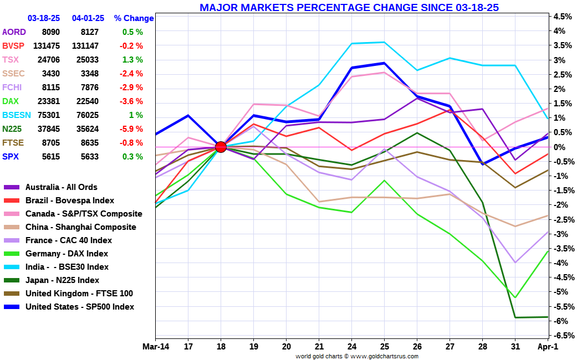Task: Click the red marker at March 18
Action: pos(221,147)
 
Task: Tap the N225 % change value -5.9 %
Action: pos(132,129)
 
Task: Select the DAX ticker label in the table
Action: pos(11,101)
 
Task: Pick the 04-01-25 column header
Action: pos(88,18)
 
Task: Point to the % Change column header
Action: pos(134,18)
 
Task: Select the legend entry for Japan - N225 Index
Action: pos(62,280)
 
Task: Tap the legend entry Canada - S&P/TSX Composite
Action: pos(84,214)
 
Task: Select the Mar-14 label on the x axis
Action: pos(155,346)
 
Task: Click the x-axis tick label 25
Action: pos(384,346)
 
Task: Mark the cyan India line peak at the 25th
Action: pos(384,42)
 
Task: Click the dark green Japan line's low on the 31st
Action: pos(515,317)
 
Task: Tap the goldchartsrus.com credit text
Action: pos(357,356)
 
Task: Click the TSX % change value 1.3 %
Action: pos(132,60)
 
